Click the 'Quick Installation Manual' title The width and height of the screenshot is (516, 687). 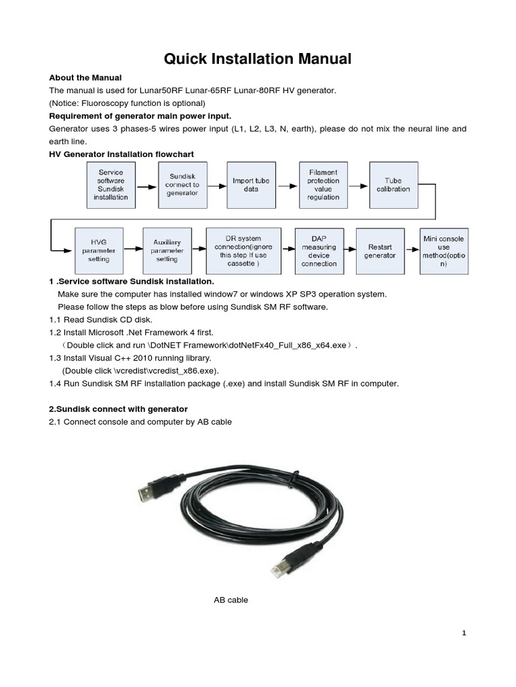tap(258, 59)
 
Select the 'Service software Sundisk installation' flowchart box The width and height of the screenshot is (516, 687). tap(111, 184)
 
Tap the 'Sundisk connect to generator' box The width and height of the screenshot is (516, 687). tap(183, 184)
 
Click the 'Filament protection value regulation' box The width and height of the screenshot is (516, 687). tap(323, 184)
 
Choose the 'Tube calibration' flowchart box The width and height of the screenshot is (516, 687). tap(393, 184)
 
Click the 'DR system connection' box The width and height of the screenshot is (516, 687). tap(243, 250)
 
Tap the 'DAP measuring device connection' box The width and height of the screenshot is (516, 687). tap(319, 250)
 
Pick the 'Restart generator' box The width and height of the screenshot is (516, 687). tap(380, 250)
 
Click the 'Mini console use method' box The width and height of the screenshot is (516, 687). tap(443, 250)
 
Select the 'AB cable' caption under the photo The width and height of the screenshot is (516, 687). tap(230, 600)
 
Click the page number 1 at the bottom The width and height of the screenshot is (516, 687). tap(464, 633)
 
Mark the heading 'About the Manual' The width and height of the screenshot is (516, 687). tap(85, 78)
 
